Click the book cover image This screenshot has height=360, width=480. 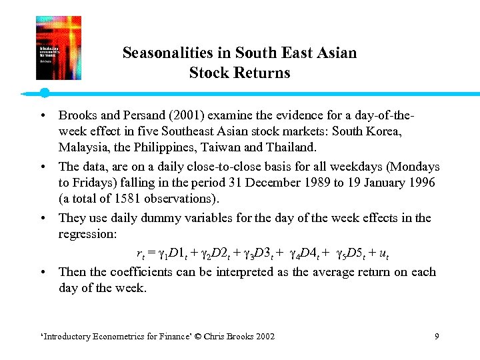(59, 48)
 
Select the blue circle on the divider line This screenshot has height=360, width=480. (44, 93)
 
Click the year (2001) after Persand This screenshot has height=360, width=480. (179, 115)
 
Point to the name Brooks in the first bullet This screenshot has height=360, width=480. (77, 115)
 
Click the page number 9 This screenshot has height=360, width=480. (437, 337)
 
